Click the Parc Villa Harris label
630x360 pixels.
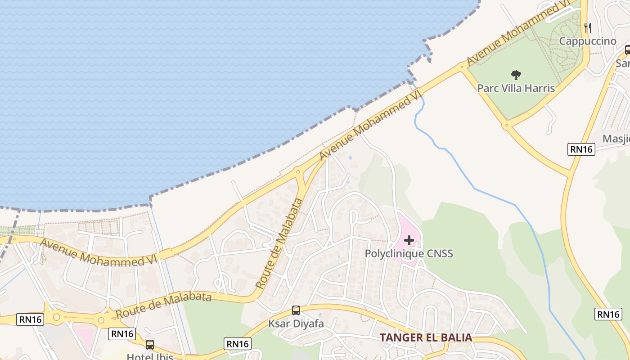point(516,88)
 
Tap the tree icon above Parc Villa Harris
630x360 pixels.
point(516,75)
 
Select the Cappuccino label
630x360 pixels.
point(588,41)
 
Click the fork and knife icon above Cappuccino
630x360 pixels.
point(587,27)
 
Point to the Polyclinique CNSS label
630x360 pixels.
point(409,253)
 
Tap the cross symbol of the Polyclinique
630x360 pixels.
point(409,240)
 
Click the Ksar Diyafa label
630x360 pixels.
point(296,323)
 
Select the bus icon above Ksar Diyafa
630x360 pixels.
point(296,310)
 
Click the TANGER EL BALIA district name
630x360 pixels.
point(426,337)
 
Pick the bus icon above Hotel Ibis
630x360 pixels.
point(150,345)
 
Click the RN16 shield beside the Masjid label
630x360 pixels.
point(581,149)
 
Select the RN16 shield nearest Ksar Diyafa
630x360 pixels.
point(237,344)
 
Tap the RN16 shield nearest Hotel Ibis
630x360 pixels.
point(122,333)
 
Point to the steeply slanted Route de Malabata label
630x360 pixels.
point(278,243)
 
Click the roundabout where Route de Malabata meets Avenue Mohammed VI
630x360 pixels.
point(297,171)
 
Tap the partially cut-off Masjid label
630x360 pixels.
point(616,138)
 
